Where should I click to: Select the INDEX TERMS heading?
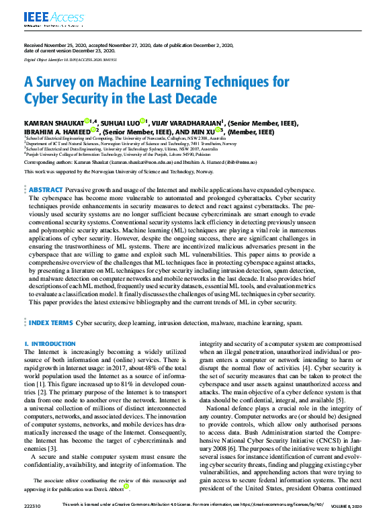coord(51,322)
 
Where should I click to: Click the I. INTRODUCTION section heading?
coord(50,344)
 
